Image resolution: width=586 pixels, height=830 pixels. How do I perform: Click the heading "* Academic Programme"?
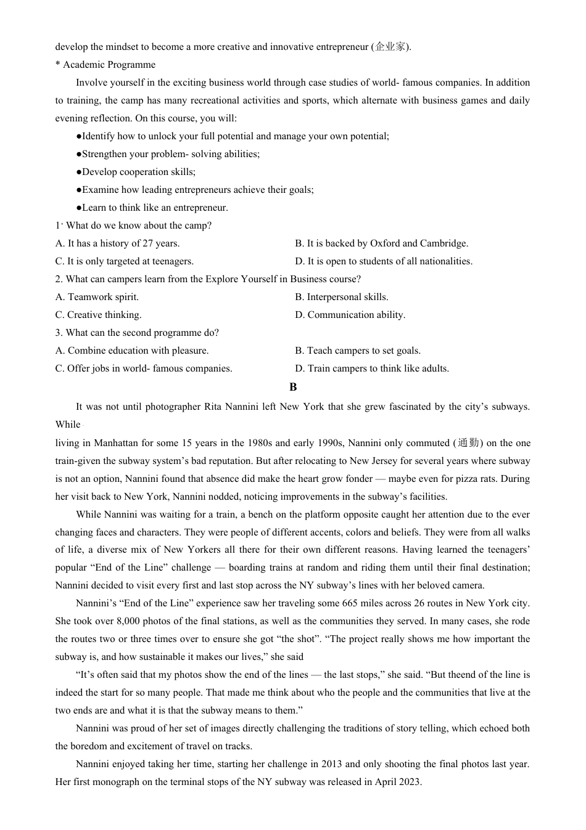point(105,65)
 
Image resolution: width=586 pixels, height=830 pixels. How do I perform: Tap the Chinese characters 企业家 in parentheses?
point(390,47)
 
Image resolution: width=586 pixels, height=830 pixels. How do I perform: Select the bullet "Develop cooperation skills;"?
point(138,172)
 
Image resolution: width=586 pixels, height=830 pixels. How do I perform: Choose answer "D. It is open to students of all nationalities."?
point(384,261)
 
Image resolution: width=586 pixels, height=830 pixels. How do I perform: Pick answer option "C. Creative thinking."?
point(99,315)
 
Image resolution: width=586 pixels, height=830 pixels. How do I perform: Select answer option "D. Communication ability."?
point(350,315)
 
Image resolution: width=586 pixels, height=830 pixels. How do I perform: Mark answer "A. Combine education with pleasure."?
point(132,351)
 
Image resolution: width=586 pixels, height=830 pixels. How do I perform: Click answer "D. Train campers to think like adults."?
point(372,368)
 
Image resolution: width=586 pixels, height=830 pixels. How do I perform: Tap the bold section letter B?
point(293,387)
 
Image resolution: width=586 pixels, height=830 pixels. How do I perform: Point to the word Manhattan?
point(118,443)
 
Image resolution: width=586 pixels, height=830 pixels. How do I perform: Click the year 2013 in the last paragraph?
point(331,764)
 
